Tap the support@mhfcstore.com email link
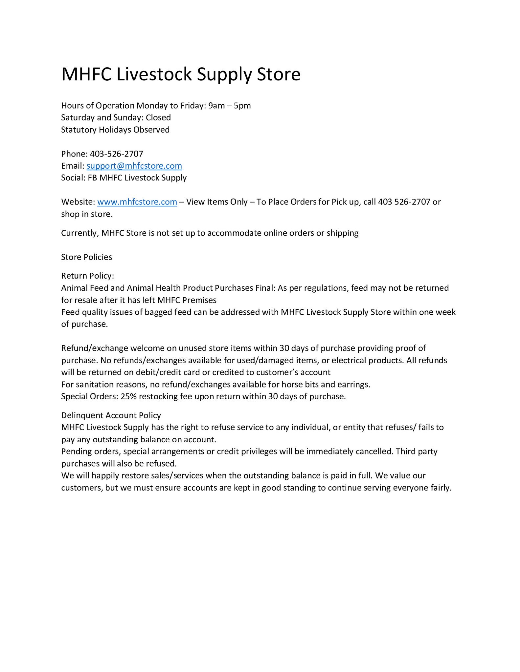click(x=134, y=166)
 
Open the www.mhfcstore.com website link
click(x=137, y=202)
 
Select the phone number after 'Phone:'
click(x=116, y=154)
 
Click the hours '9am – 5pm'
click(x=229, y=106)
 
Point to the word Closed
click(x=158, y=117)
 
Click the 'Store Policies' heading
click(x=86, y=257)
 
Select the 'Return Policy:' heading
click(x=87, y=276)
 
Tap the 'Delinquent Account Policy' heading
click(x=111, y=415)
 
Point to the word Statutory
click(x=79, y=130)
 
